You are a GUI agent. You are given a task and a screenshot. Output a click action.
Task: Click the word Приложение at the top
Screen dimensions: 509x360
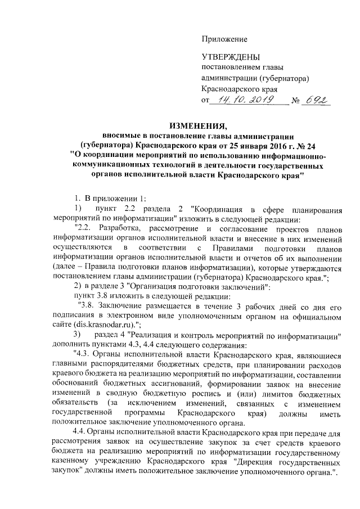coord(224,39)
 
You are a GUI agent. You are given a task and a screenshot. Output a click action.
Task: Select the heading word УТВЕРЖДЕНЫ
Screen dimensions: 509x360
coord(231,58)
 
